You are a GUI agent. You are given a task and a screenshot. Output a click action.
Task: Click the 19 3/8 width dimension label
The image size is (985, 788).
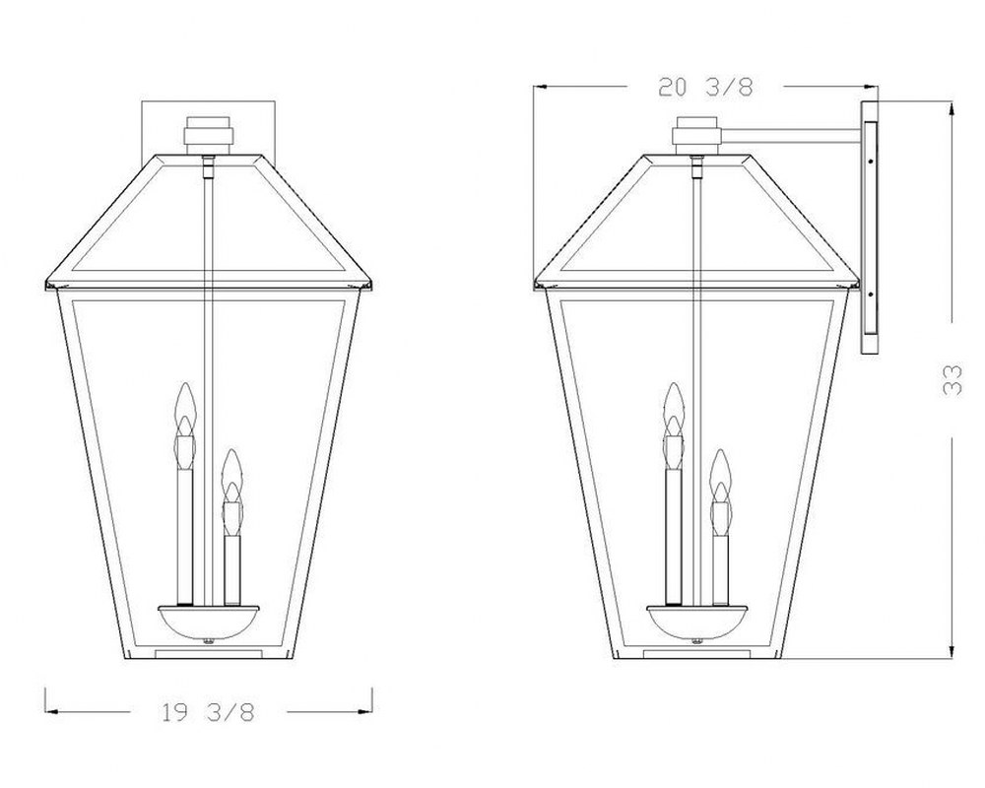point(209,712)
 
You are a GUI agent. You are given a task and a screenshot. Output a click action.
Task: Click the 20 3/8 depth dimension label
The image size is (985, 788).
point(705,87)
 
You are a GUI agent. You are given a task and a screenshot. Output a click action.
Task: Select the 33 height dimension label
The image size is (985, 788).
point(952,379)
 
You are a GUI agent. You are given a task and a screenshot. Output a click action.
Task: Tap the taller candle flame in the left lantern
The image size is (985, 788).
point(184,409)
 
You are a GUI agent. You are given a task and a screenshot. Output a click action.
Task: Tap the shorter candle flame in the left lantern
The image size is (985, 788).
point(232,475)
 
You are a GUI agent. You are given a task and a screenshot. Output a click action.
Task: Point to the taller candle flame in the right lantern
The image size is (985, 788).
point(674,409)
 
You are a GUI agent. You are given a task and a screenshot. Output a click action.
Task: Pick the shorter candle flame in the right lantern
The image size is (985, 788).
point(721,475)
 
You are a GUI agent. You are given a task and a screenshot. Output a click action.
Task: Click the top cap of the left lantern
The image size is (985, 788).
point(209,135)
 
